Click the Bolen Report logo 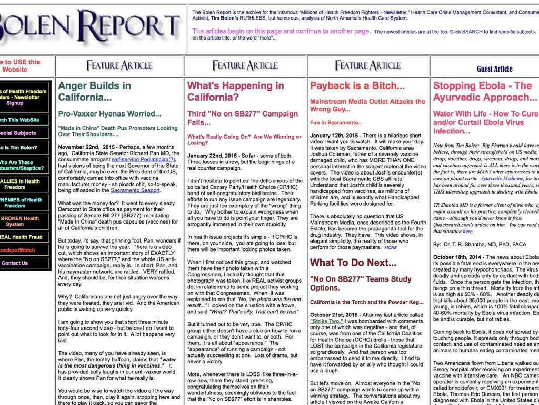point(89,27)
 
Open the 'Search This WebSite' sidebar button point(24,120)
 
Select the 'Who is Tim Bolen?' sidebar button point(21,147)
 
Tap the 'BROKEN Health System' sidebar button point(21,221)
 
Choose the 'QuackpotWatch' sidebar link point(18,250)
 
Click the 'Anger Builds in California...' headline point(95,91)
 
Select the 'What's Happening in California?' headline point(236,91)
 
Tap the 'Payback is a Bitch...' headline point(357,85)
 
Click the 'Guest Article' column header point(494,69)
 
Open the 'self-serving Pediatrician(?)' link point(144,159)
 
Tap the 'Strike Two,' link point(327,321)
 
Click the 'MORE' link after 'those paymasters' point(391,247)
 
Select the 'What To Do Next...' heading point(353,263)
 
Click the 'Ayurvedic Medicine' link point(501,179)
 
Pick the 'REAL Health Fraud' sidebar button point(21,237)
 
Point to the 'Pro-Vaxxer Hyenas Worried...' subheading point(109,113)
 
